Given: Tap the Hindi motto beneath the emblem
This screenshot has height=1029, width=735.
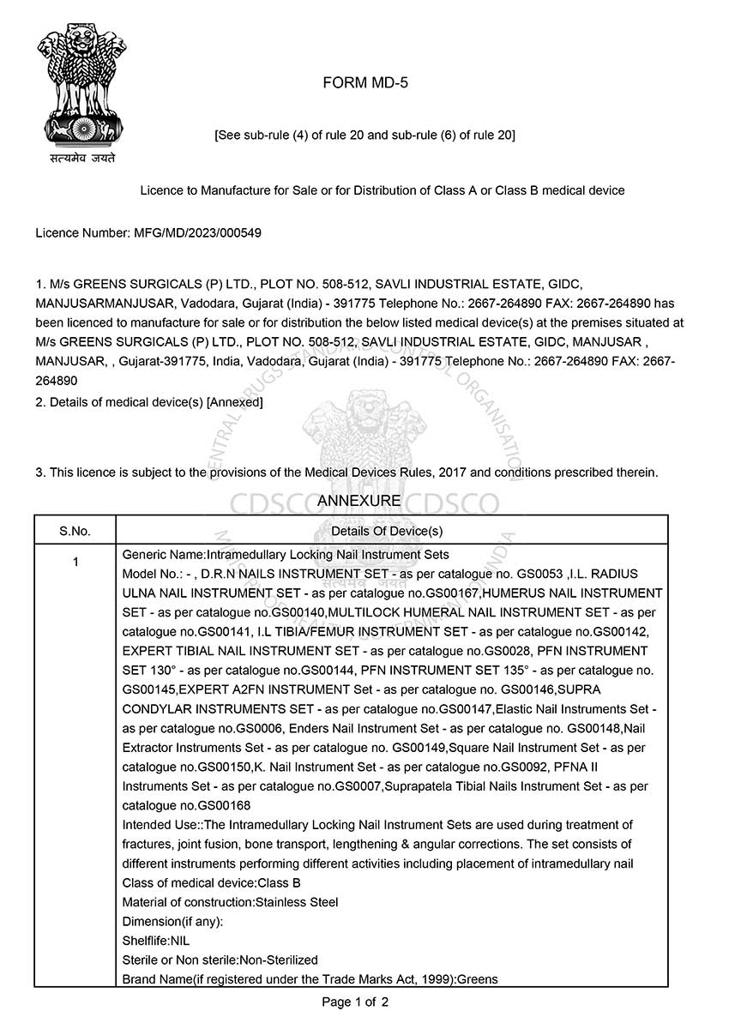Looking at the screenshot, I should click(x=82, y=158).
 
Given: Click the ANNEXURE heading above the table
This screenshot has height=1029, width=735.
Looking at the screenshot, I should click(x=358, y=501).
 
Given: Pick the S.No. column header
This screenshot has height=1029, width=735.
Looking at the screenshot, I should click(x=75, y=531).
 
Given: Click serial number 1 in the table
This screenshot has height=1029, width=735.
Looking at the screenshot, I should click(x=75, y=563).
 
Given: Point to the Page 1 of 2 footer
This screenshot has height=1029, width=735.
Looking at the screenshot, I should click(x=355, y=1002).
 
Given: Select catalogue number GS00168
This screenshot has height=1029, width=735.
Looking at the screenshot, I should click(x=225, y=806).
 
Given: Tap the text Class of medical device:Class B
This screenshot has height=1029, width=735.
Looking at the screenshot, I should click(x=212, y=882).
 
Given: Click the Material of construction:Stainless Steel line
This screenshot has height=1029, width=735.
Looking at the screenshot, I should click(x=231, y=902).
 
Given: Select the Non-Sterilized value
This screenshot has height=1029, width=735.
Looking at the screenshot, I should click(x=279, y=960).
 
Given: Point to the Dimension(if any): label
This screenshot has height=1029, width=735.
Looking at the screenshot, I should click(x=173, y=922).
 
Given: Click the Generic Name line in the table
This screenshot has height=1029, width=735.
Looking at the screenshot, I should click(x=286, y=555).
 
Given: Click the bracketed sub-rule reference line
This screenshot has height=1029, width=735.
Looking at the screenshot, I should click(x=364, y=135).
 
